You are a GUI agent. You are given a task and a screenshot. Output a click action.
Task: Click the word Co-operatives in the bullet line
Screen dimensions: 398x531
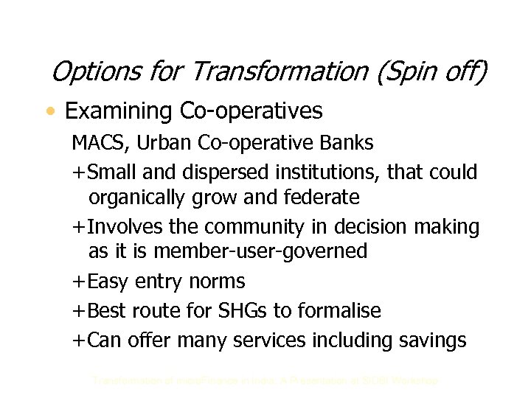point(251,111)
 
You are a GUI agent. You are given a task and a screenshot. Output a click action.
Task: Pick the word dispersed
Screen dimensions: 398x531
point(223,172)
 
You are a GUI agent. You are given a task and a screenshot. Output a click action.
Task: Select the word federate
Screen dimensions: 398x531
point(322,197)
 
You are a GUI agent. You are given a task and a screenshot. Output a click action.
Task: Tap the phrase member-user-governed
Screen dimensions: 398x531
point(265,251)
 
